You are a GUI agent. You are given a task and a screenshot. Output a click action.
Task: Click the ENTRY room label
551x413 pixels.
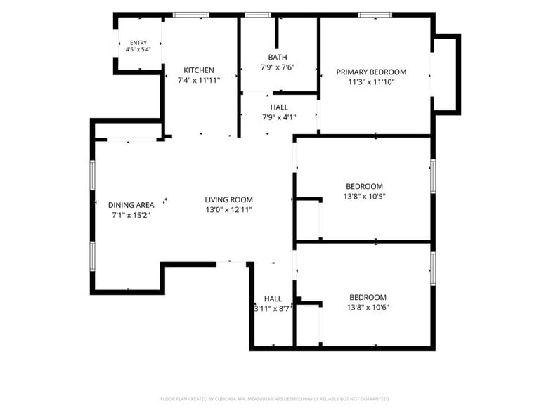[x=138, y=43]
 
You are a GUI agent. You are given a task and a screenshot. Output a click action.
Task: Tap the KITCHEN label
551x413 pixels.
[x=198, y=70]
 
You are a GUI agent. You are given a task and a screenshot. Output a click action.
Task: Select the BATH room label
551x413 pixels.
[x=278, y=58]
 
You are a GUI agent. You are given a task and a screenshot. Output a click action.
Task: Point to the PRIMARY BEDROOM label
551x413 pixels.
[x=371, y=72]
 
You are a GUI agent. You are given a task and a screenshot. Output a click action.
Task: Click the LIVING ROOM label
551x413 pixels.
[x=229, y=199]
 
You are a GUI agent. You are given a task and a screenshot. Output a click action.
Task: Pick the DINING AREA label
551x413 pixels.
[x=131, y=205]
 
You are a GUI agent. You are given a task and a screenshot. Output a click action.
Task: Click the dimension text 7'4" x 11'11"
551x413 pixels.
[x=199, y=80]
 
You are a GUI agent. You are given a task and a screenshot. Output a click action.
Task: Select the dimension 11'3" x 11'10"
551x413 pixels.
[x=371, y=82]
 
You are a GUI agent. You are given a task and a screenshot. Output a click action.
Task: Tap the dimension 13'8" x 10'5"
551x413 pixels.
[x=364, y=197]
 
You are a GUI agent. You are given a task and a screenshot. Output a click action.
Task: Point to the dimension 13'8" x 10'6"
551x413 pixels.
[x=368, y=308]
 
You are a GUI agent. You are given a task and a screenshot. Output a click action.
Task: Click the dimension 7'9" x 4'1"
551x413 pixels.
[x=279, y=118]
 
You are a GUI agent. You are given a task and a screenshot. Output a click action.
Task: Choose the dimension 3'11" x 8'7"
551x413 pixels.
[x=273, y=309]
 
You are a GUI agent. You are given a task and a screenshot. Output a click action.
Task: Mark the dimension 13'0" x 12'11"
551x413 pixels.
[x=229, y=210]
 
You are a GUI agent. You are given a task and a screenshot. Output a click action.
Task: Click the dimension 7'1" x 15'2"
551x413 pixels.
[x=131, y=215]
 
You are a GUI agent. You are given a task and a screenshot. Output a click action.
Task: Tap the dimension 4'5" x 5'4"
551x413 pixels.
[x=138, y=49]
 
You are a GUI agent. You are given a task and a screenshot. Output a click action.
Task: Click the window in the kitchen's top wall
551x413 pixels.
[x=191, y=15]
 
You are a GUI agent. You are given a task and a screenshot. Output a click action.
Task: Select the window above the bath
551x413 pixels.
[x=258, y=15]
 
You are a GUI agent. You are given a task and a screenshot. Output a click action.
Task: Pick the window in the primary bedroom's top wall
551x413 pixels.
[x=375, y=15]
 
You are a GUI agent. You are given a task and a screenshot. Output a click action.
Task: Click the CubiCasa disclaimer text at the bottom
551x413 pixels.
[x=275, y=399]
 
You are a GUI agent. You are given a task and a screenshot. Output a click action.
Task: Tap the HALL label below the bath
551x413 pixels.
[x=279, y=107]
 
